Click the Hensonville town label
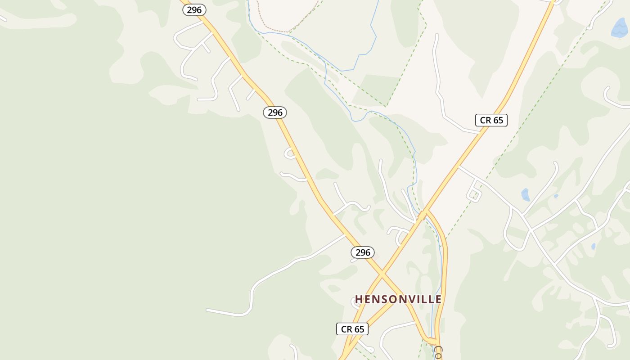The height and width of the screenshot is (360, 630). (398, 299)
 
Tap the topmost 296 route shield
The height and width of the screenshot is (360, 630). (194, 10)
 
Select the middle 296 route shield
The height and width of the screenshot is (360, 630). (275, 112)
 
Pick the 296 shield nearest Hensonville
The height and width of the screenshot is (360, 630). (363, 252)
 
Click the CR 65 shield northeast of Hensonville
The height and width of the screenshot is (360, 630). (491, 120)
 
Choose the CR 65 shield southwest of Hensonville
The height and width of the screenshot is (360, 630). (352, 329)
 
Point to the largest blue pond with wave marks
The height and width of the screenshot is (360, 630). (619, 28)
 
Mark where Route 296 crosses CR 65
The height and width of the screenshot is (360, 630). (382, 273)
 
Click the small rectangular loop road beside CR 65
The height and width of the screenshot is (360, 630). (474, 192)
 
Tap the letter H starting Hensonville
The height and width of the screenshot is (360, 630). (359, 299)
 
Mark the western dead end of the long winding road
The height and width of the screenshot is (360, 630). (207, 310)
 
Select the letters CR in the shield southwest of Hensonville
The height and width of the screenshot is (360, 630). (346, 329)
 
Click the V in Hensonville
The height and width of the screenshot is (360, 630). (406, 299)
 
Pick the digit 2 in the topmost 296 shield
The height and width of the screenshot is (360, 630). (189, 10)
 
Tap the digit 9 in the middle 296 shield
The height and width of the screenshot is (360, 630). (275, 112)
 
